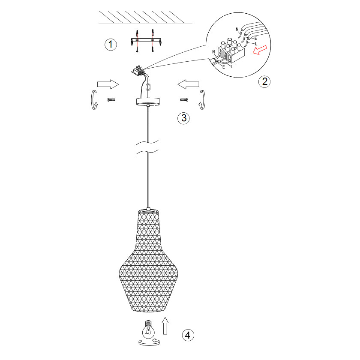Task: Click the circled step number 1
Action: tap(111, 45)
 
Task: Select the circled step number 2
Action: tap(264, 81)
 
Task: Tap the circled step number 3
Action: tap(184, 118)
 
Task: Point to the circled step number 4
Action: tap(188, 335)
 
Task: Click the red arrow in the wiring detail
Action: tap(260, 50)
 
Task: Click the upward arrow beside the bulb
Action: tap(165, 326)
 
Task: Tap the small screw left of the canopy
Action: tap(111, 99)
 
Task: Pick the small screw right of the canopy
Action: tap(184, 99)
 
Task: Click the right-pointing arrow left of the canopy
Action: tap(108, 84)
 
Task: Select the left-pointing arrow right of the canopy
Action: tap(188, 84)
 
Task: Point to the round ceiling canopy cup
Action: tap(148, 102)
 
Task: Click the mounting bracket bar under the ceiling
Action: tap(146, 41)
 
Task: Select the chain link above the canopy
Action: tap(149, 87)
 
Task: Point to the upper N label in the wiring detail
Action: tap(237, 29)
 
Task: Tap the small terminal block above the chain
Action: tap(138, 70)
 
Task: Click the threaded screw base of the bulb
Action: tap(149, 323)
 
